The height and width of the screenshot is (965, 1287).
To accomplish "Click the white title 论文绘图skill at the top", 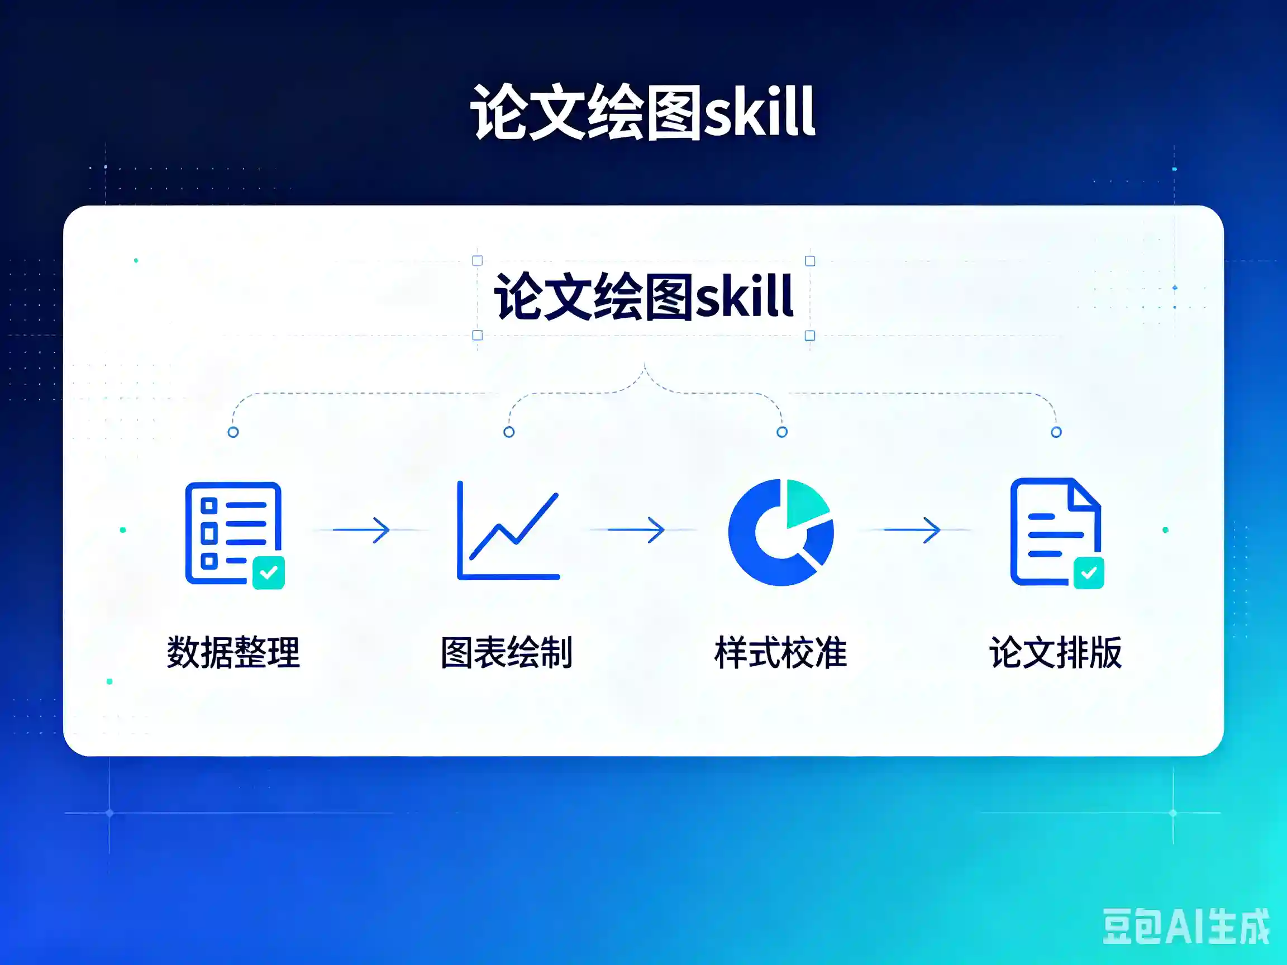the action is (643, 112).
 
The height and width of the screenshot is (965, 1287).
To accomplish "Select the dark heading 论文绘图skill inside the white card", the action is (643, 297).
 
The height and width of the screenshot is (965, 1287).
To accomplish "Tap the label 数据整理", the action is (233, 652).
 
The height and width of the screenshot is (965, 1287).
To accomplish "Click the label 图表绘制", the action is (507, 652).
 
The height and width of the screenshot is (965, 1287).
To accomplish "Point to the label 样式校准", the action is (781, 652).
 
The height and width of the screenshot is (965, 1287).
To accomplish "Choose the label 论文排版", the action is (1055, 652).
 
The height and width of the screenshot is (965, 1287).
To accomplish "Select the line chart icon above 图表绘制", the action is (508, 530).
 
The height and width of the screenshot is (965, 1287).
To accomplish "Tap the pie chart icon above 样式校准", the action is (781, 532).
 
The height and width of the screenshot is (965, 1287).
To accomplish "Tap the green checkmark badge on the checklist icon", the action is (269, 573).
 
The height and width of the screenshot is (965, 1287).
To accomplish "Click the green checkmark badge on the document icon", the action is (1089, 573).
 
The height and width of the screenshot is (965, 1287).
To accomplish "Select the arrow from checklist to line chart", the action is (361, 530).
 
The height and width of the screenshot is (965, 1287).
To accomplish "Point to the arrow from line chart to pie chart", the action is (636, 530).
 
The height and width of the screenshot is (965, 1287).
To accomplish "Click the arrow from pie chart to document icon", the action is (912, 530).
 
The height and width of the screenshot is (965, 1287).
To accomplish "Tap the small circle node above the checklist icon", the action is (233, 432).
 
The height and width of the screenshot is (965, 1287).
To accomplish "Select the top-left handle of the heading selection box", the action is (478, 261).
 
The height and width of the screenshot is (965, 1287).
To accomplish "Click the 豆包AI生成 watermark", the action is (1186, 926).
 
